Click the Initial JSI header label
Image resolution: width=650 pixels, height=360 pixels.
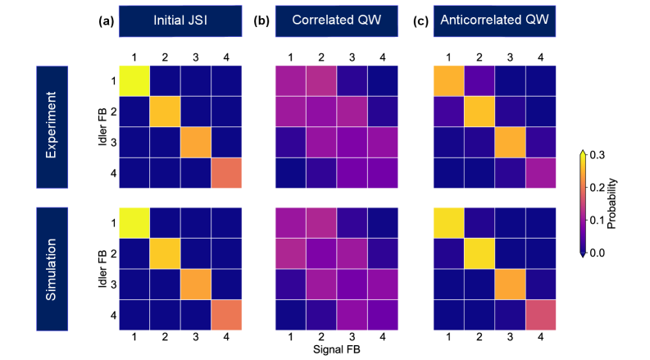pos(180,21)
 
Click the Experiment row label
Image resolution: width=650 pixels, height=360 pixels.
pos(52,127)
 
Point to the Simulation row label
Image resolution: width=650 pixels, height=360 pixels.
pos(52,269)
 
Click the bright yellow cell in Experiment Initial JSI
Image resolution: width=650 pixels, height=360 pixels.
pos(134,80)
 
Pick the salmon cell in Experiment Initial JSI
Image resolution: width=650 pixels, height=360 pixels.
pos(226,173)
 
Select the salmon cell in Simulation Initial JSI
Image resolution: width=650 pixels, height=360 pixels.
pos(226,315)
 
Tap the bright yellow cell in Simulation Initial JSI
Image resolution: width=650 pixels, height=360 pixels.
pos(134,222)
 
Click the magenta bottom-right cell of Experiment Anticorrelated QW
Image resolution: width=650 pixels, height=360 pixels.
pos(541,173)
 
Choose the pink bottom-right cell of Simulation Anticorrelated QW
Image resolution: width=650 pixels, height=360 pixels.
pos(541,315)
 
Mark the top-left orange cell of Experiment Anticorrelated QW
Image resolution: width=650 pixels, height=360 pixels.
pos(448,80)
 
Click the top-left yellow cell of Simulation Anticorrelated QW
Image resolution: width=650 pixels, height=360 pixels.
pos(448,222)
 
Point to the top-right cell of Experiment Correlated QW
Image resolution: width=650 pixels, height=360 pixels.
pos(383,80)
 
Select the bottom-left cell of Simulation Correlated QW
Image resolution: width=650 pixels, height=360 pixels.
pos(290,315)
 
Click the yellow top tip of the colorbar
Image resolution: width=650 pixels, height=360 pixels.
pos(583,155)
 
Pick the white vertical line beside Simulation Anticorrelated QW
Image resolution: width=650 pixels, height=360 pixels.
pos(429,269)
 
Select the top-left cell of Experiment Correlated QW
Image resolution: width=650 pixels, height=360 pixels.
pos(290,80)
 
